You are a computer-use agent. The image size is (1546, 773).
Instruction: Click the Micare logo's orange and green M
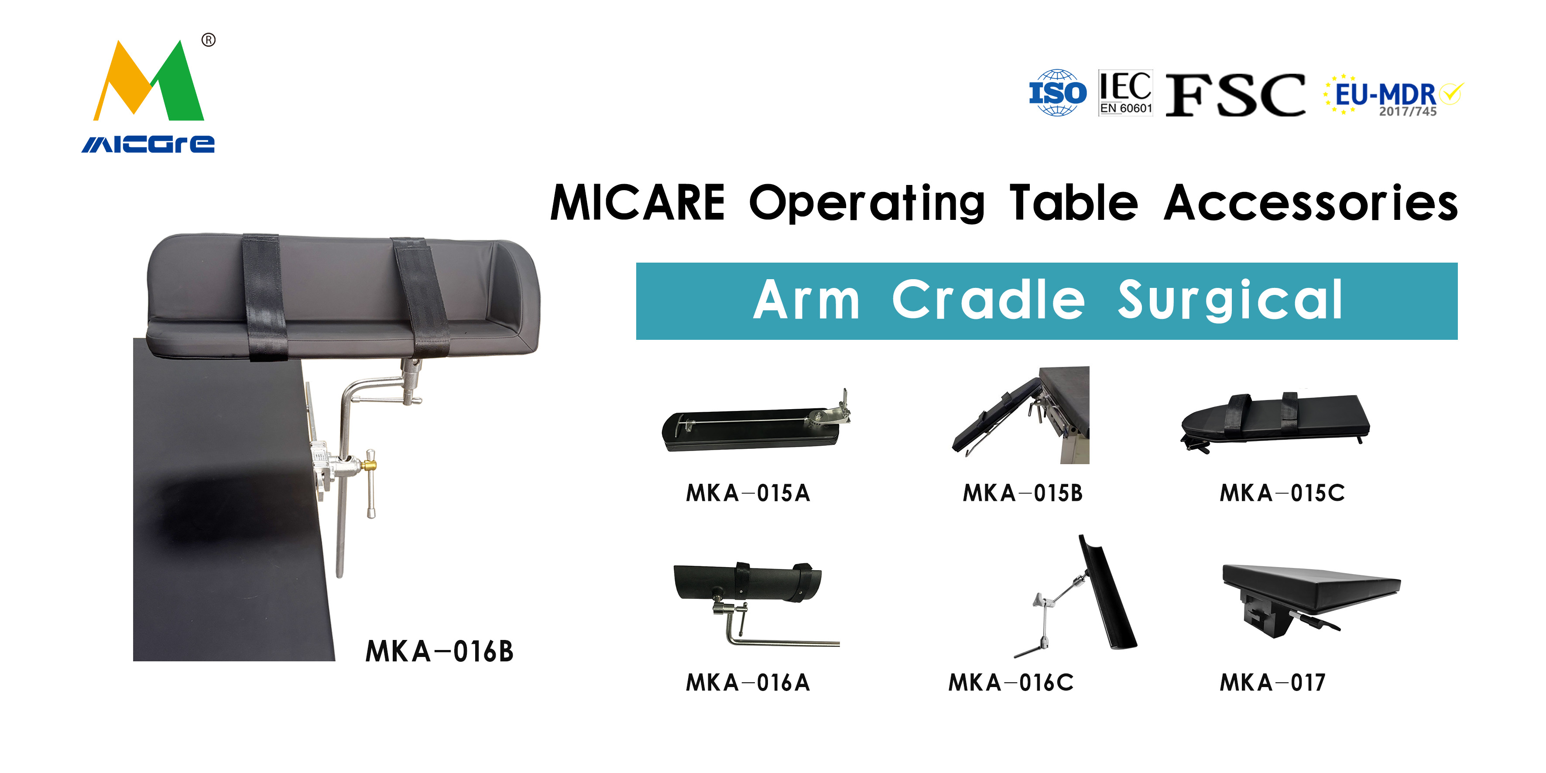(148, 81)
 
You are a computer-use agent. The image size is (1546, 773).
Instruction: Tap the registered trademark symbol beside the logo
(208, 40)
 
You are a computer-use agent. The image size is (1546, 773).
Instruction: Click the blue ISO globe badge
(1057, 92)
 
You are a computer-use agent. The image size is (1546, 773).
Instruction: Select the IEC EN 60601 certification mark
(1125, 92)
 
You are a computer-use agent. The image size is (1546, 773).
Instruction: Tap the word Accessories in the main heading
(1311, 203)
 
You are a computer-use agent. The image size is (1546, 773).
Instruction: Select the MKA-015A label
(748, 493)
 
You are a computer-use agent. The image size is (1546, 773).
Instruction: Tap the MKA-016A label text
(748, 682)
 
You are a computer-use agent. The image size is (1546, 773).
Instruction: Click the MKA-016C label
(1011, 682)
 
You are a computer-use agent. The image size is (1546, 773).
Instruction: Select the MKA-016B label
(439, 651)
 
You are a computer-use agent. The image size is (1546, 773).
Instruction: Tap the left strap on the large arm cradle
(264, 298)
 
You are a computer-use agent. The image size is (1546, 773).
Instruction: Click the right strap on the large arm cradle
(421, 297)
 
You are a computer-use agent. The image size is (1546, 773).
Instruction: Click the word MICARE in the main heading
(638, 203)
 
